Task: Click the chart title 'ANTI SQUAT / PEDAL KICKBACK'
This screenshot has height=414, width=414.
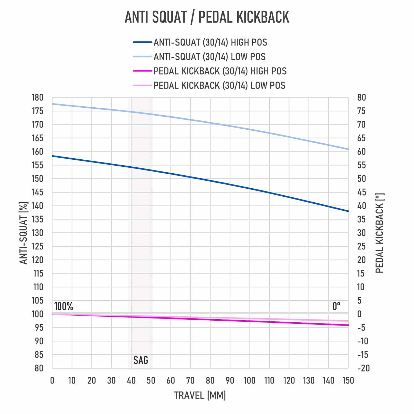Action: point(207,17)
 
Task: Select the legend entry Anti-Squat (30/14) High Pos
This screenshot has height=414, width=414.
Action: point(210,42)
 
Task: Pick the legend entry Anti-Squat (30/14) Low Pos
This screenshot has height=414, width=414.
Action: point(209,57)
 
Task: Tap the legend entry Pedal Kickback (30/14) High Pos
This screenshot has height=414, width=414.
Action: point(220,71)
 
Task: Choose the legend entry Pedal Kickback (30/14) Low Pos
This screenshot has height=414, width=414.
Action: point(219,85)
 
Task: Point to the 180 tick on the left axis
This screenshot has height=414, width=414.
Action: point(37,98)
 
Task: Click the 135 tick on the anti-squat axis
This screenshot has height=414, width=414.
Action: point(37,219)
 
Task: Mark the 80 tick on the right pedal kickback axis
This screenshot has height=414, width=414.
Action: point(361,98)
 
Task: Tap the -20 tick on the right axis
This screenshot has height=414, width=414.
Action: point(363,368)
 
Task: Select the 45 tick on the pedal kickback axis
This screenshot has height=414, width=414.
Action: point(361,192)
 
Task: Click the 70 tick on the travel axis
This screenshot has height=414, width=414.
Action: point(190,380)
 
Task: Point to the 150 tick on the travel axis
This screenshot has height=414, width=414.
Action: point(348,380)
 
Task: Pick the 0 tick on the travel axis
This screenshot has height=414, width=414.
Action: point(52,380)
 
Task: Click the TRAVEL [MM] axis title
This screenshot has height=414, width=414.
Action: point(200,395)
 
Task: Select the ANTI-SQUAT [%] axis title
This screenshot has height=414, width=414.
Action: point(24,233)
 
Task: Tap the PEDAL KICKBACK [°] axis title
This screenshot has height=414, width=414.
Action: point(380,233)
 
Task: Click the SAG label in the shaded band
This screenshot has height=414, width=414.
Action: point(141,360)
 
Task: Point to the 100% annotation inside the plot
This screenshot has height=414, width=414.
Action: point(64,306)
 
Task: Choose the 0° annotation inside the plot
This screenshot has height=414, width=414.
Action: point(336,306)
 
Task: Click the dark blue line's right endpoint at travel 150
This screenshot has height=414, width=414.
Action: point(348,211)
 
